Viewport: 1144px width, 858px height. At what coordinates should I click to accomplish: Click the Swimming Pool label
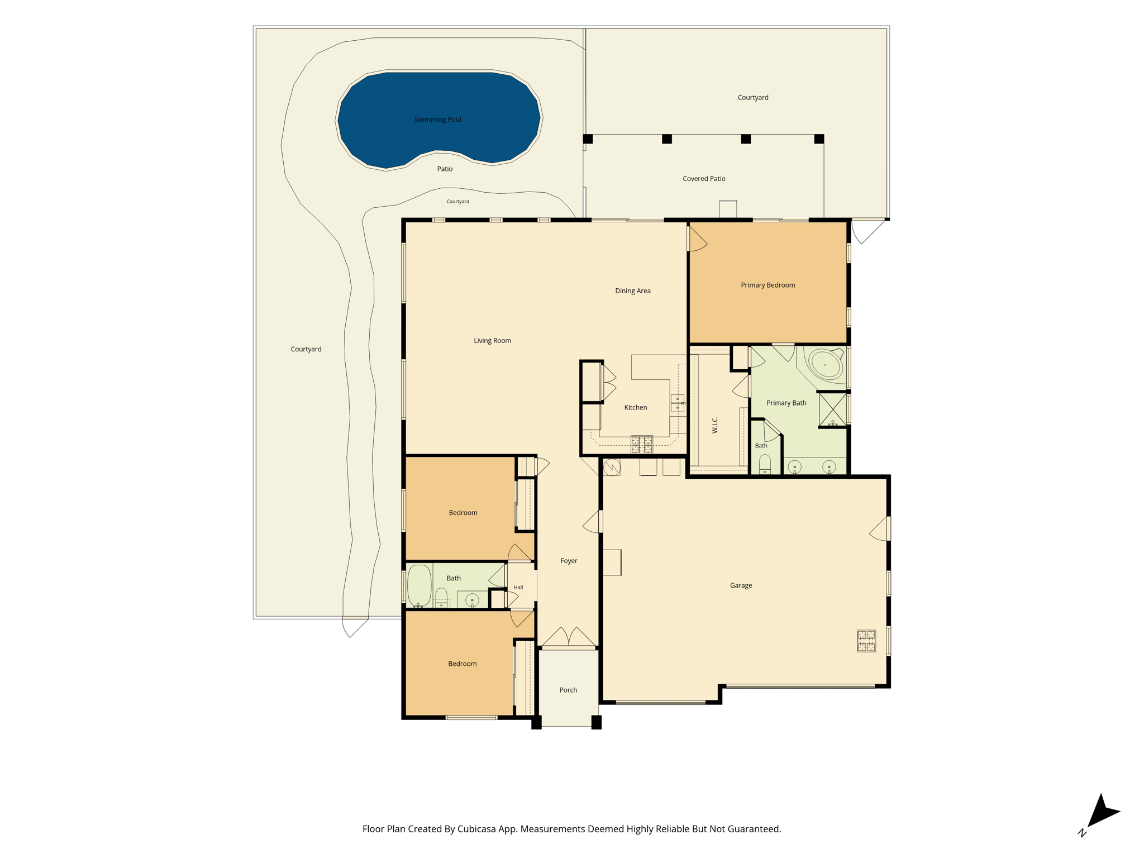[437, 120]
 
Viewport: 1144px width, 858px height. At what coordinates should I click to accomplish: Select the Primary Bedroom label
[768, 285]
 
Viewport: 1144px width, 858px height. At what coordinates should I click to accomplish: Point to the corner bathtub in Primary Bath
[825, 365]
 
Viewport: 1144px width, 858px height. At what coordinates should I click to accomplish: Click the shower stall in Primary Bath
[832, 409]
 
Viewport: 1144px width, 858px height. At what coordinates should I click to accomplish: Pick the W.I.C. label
[715, 425]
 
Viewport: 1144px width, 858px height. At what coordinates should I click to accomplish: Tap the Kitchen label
[636, 407]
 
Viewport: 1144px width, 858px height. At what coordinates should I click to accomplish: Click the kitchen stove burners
[642, 444]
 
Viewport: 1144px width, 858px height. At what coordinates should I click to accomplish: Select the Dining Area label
[633, 290]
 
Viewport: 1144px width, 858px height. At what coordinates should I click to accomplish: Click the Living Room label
[492, 340]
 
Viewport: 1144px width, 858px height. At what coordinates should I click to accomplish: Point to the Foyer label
[569, 561]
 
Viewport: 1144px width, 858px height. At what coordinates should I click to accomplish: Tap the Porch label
[568, 690]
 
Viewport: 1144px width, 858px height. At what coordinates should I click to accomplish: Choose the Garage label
[741, 585]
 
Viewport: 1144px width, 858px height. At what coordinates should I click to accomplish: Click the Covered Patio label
[704, 179]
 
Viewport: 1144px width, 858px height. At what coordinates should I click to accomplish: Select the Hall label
[518, 587]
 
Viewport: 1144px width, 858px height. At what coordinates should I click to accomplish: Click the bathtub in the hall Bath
[420, 585]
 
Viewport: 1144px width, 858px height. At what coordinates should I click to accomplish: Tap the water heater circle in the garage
[612, 467]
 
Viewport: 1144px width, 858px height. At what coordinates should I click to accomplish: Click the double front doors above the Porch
[568, 637]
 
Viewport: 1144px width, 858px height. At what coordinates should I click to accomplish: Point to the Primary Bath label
[786, 403]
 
